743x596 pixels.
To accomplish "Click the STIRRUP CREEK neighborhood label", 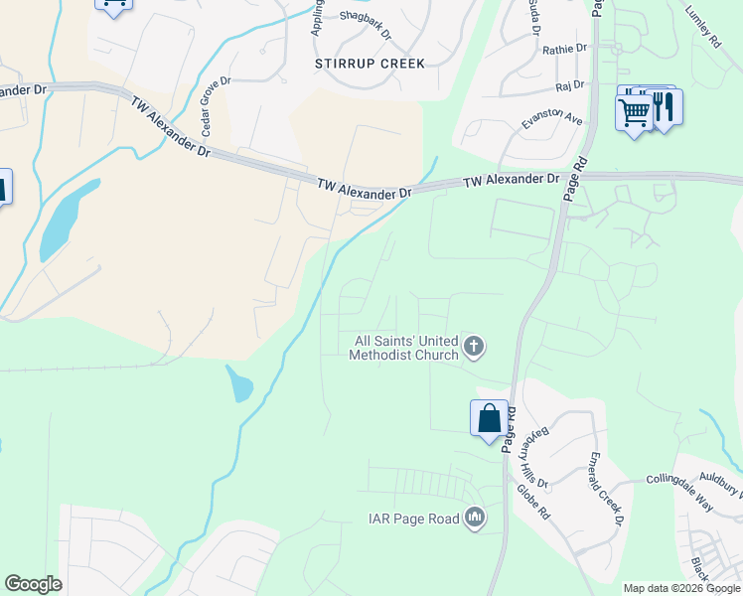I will pyautogui.click(x=370, y=64).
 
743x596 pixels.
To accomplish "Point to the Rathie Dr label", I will pyautogui.click(x=565, y=48).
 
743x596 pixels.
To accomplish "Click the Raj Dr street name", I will pyautogui.click(x=570, y=86).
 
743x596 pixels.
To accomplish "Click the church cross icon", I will pyautogui.click(x=475, y=347).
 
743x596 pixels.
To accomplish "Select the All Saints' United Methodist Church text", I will pyautogui.click(x=406, y=348).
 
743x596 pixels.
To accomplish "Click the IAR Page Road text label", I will pyautogui.click(x=414, y=518).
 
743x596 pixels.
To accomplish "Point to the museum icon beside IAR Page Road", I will pyautogui.click(x=475, y=518).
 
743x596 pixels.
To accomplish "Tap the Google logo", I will pyautogui.click(x=33, y=584).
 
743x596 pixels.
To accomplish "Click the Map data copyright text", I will pyautogui.click(x=681, y=588).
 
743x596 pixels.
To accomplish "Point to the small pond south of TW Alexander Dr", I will pyautogui.click(x=238, y=382).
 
